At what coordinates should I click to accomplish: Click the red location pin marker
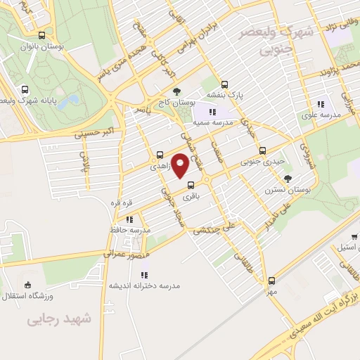click(x=181, y=166)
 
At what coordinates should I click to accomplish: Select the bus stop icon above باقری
click(x=190, y=186)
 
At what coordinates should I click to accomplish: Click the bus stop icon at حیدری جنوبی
click(x=262, y=150)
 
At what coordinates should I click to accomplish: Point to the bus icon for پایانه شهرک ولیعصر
click(x=25, y=90)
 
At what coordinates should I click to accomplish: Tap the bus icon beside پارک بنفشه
click(x=224, y=84)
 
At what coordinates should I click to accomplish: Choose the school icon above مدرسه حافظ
click(x=130, y=220)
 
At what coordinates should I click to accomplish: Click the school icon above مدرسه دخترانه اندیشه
click(x=143, y=274)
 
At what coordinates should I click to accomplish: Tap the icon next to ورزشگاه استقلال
click(x=27, y=285)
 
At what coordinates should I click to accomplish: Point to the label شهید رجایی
click(x=60, y=320)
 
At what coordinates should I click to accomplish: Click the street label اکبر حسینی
click(x=83, y=131)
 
